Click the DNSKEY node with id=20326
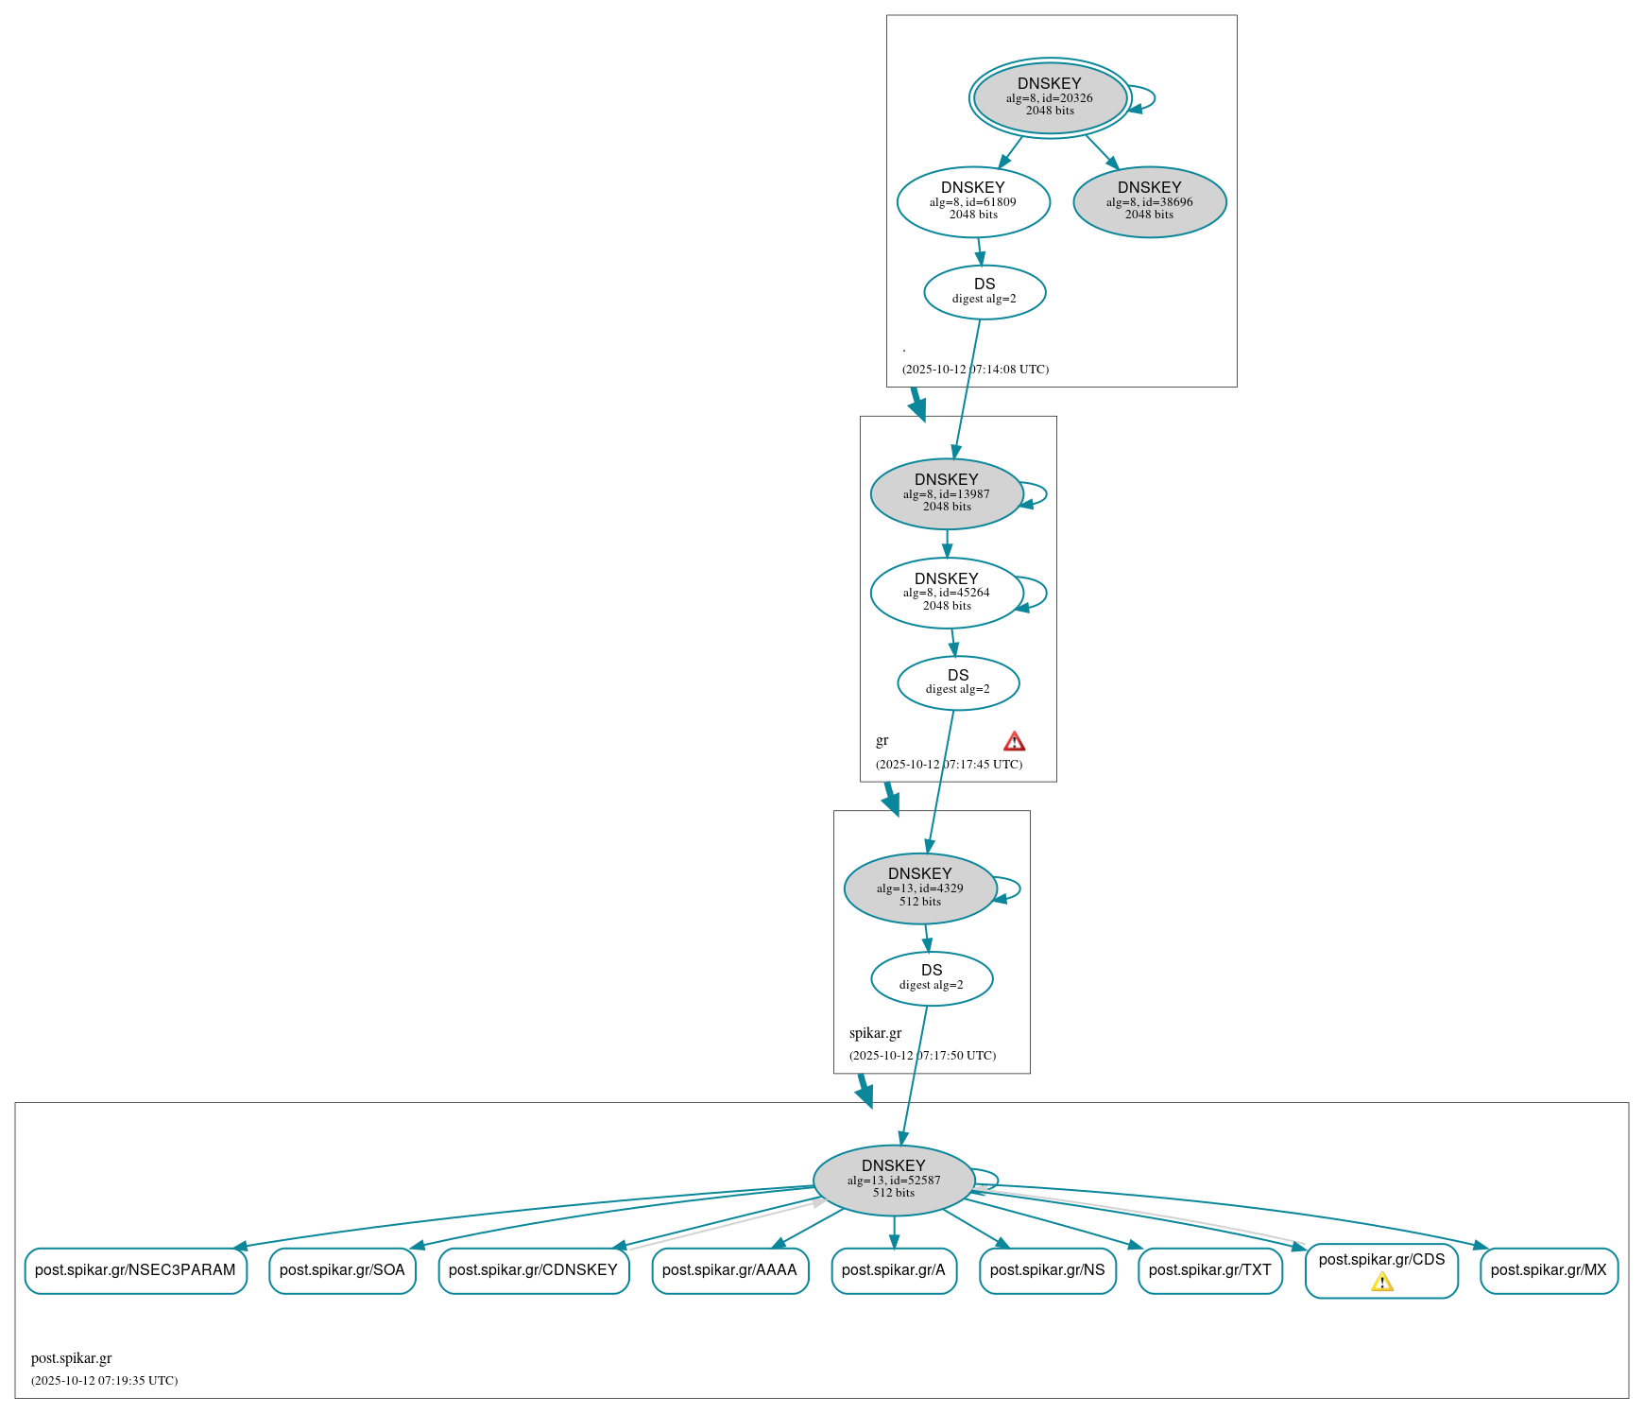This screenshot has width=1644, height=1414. coord(1049,97)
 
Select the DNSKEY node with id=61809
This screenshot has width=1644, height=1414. coord(973,201)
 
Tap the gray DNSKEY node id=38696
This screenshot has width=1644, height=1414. coord(1149,201)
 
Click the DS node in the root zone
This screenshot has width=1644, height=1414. coord(984,291)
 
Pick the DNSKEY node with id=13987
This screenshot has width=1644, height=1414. coord(946,493)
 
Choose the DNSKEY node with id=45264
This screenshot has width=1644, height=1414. coord(946,593)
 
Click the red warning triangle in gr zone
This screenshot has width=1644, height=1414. coord(1014,741)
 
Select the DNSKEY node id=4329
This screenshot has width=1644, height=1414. coord(919,888)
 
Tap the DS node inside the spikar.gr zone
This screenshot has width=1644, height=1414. coord(931,978)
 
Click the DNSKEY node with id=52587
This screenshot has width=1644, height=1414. coord(893,1180)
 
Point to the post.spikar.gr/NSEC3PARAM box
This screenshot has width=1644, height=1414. coord(135,1270)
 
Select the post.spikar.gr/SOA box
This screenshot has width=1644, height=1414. coord(342,1270)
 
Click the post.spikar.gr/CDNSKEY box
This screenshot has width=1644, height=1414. coord(533,1270)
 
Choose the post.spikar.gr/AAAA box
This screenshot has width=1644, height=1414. coord(729,1270)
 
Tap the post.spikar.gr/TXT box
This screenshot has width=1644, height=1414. coord(1209,1270)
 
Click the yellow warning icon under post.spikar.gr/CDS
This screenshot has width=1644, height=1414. coord(1381,1282)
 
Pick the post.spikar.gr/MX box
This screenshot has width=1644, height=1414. coord(1548,1270)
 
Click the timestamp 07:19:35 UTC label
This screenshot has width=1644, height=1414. coord(104,1381)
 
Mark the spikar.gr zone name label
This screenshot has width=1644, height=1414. coord(875,1033)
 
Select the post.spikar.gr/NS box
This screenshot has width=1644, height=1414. coord(1047,1270)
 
